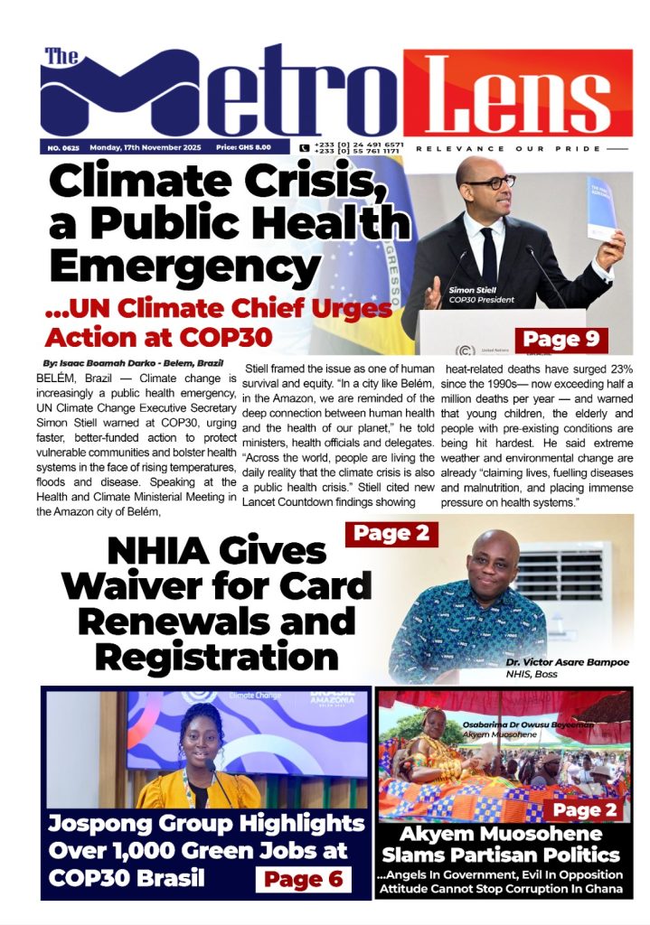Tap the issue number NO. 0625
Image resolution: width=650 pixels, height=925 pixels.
[x=61, y=146]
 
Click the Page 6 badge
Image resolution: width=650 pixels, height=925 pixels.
[x=304, y=878]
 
